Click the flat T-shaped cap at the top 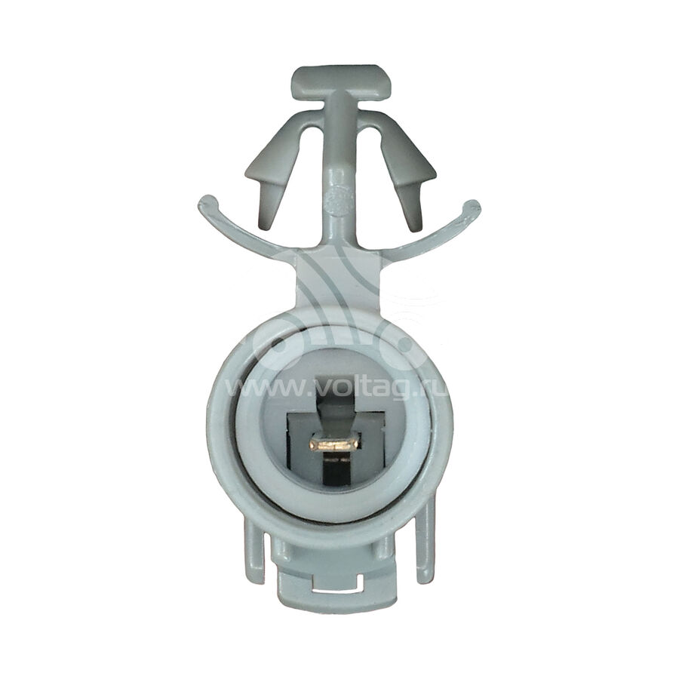click(341, 82)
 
